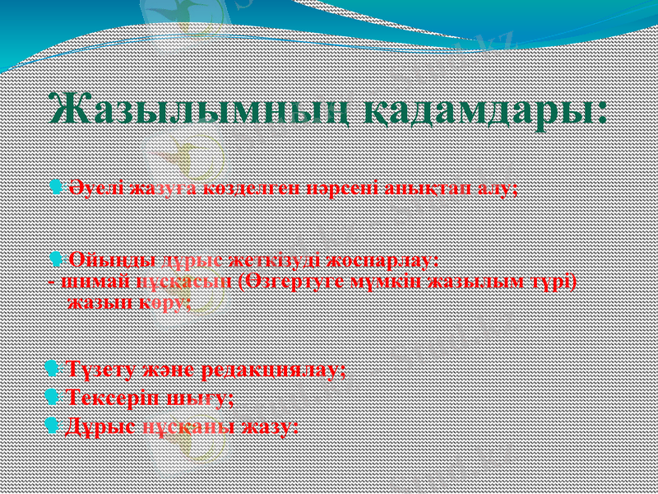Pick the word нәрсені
(341, 188)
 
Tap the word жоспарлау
(383, 261)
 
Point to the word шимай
(82, 281)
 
